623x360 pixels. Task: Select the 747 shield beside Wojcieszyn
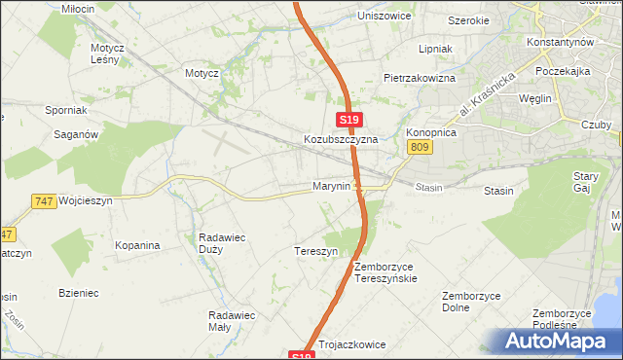pos(42,200)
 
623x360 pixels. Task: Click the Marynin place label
pos(331,186)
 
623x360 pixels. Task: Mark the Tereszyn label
pos(315,251)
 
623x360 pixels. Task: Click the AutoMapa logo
pos(557,342)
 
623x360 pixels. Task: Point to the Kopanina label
pos(136,246)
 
